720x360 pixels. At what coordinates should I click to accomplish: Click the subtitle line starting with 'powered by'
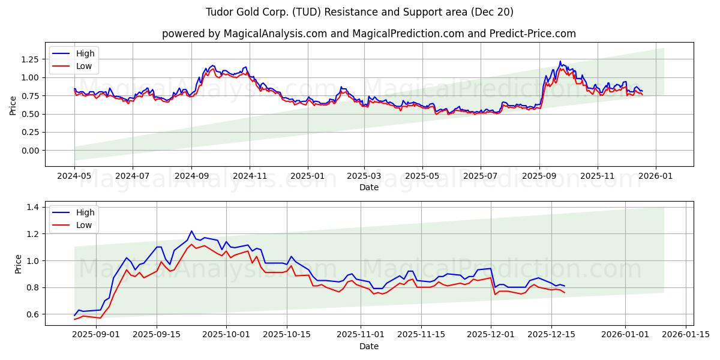point(368,34)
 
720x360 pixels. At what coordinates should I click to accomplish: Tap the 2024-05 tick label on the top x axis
point(74,176)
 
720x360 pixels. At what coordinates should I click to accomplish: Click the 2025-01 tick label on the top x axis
point(308,176)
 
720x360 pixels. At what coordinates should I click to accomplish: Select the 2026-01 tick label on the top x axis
point(655,176)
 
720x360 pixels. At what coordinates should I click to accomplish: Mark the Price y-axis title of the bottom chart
point(19,264)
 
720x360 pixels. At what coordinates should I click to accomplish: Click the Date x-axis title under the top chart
point(368,187)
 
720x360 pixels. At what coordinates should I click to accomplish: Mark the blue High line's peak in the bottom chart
point(191,231)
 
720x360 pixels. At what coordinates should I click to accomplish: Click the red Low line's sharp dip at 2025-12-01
point(495,294)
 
